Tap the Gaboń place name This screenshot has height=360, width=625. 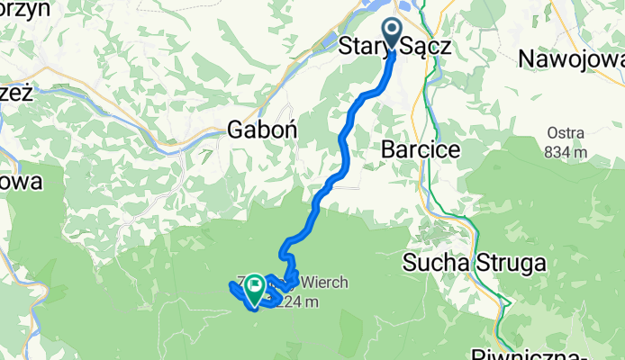pos(262,129)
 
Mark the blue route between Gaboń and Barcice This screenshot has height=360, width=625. pos(345,144)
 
